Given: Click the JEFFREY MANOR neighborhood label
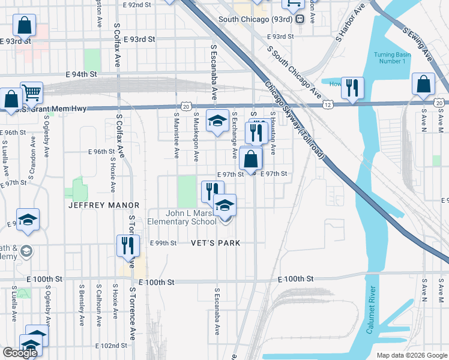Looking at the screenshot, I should [x=104, y=205].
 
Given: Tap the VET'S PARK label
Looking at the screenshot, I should [x=215, y=243].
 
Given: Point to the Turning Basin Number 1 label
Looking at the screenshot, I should [x=392, y=58].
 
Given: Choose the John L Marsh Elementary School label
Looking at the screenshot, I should [x=192, y=217].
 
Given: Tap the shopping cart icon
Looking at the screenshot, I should [x=31, y=92].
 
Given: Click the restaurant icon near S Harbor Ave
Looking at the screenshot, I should [x=352, y=88].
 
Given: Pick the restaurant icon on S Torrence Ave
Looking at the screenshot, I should [x=127, y=245].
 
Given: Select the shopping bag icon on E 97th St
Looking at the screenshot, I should [x=250, y=159].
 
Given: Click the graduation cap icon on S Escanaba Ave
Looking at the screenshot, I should [x=217, y=121].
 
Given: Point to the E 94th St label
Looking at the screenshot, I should [x=82, y=74].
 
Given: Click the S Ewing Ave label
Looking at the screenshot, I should [x=418, y=44].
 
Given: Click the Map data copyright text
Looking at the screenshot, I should [x=411, y=355].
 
